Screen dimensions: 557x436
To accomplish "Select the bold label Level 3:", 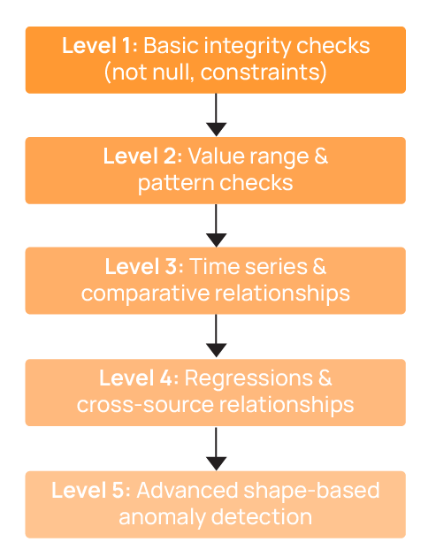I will coord(142,268).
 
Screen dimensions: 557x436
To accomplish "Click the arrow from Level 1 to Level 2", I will coord(216,114).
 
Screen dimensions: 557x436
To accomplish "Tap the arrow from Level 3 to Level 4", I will coord(216,336).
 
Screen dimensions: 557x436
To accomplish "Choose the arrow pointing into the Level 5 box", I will coord(216,448).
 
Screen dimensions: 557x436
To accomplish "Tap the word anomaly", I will coord(157,517).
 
